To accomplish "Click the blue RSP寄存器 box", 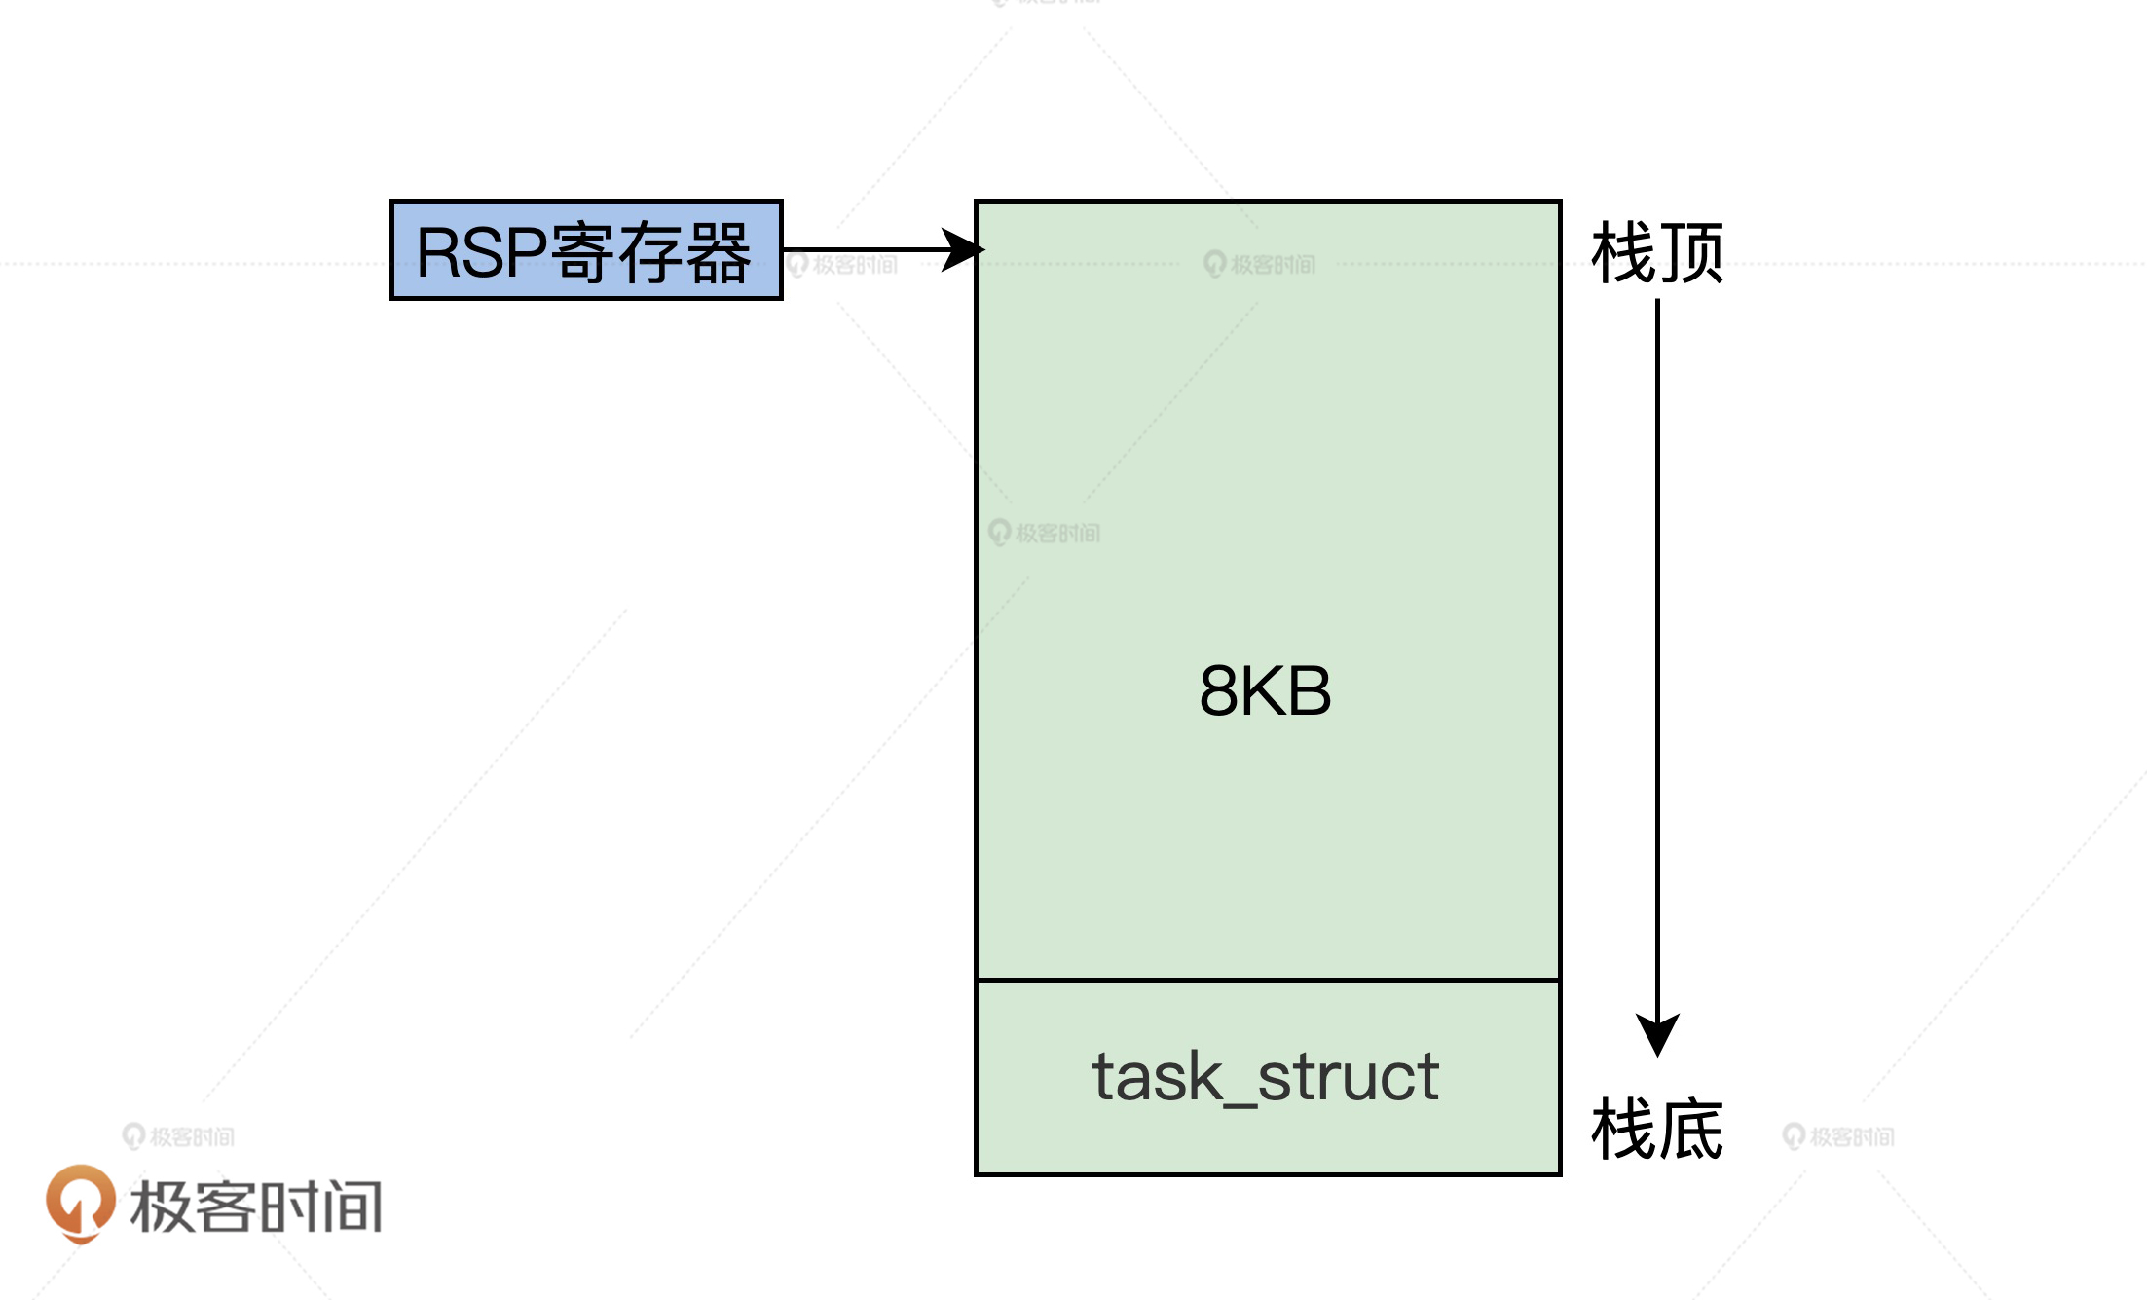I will click(x=586, y=250).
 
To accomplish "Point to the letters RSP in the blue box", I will click(x=481, y=252).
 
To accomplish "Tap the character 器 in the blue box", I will click(x=719, y=252).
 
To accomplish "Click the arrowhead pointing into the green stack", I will click(x=963, y=249).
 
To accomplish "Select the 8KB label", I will click(x=1265, y=691).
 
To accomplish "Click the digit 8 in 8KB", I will click(x=1218, y=691).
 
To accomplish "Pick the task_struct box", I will click(x=1268, y=1077).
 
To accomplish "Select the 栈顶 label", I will click(x=1657, y=252).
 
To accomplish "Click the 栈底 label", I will click(x=1657, y=1129).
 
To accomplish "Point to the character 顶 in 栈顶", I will click(x=1691, y=252).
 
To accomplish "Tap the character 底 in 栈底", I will click(x=1691, y=1129).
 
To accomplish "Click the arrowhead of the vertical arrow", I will click(x=1657, y=1034).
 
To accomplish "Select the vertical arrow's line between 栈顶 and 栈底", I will click(x=1657, y=652).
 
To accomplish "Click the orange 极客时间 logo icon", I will click(x=80, y=1204).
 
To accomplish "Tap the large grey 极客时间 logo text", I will click(x=256, y=1207).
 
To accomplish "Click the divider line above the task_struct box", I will click(x=1268, y=980).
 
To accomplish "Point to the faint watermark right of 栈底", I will click(x=1838, y=1136).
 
